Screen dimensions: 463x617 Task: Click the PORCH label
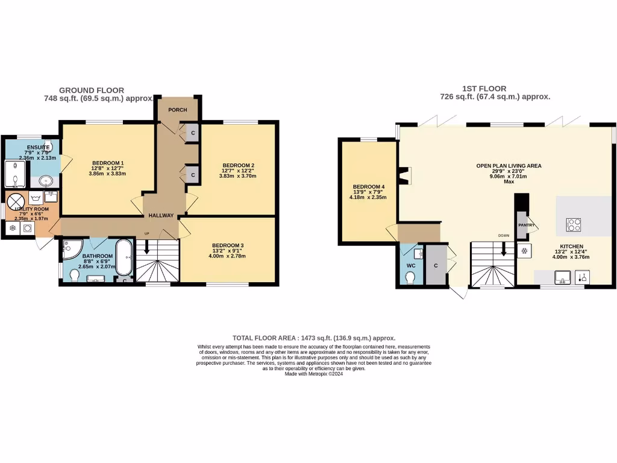[178, 110]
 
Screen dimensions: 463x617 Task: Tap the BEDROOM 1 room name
[108, 163]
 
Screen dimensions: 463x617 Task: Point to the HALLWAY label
[161, 215]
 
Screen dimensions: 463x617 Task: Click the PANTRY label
[527, 225]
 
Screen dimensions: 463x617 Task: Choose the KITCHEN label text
[571, 247]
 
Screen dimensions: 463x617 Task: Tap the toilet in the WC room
[410, 276]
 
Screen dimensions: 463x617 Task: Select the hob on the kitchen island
[574, 225]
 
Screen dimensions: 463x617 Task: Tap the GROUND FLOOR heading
[92, 90]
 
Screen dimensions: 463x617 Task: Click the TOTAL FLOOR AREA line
[314, 338]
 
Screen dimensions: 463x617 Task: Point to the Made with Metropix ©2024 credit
[314, 374]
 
